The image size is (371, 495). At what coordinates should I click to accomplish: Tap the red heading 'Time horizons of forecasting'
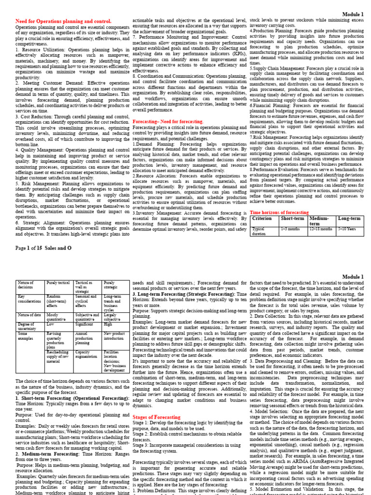tap(279, 213)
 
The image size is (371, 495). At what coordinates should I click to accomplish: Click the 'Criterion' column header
tap(262, 219)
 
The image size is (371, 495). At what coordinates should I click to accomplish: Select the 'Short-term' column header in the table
tap(293, 219)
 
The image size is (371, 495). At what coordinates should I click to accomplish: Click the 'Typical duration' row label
tap(259, 231)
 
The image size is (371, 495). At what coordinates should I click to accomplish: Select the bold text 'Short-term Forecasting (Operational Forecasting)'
tap(68, 398)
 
